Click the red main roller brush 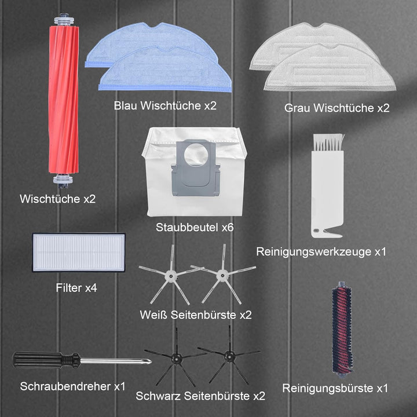point(64,101)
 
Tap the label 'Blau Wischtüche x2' point(165,105)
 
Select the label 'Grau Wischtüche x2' point(336,108)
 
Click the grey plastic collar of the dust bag point(196,168)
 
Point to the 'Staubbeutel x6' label point(195,228)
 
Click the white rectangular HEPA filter point(79,253)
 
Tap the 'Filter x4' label point(76,288)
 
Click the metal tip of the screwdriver point(148,361)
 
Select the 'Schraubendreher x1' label point(72,386)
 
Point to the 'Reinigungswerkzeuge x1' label point(321,251)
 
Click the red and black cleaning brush point(342,330)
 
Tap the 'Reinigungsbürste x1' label point(335,388)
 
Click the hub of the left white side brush point(170,276)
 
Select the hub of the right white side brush point(222,276)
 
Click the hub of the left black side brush point(176,358)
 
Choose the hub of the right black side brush point(229,356)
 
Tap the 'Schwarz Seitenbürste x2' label point(200,396)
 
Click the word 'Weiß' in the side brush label point(153,315)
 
